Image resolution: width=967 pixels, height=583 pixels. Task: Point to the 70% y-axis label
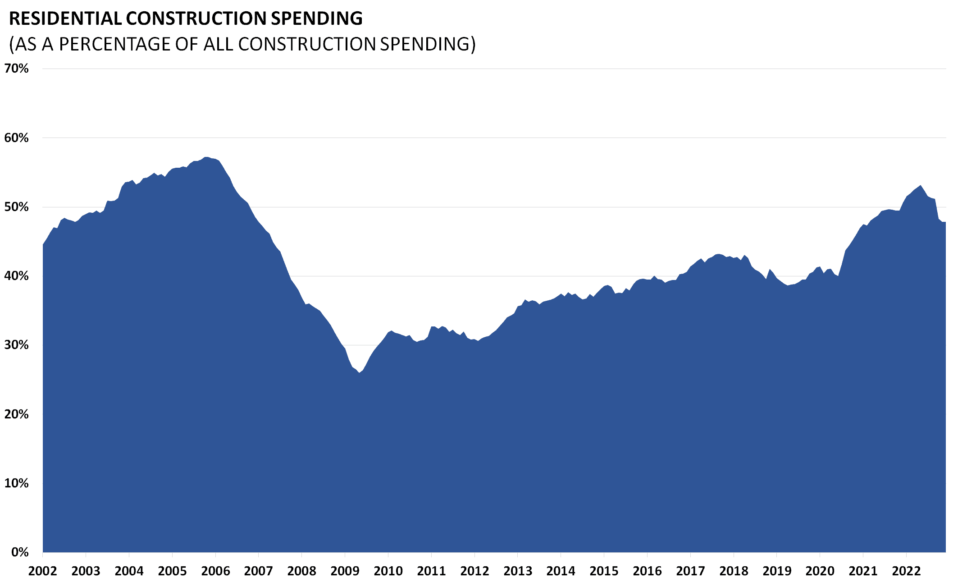(x=16, y=69)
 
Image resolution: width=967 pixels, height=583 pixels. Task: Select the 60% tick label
(x=16, y=138)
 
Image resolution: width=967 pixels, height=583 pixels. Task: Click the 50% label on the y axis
(x=16, y=207)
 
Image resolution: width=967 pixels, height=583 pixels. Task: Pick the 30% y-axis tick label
(x=16, y=345)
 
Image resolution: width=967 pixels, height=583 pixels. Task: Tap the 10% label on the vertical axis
(x=16, y=483)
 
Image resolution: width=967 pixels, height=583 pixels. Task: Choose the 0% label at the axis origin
(x=19, y=552)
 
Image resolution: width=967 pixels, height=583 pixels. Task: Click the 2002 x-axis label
(x=42, y=571)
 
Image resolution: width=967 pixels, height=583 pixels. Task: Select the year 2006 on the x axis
(x=215, y=571)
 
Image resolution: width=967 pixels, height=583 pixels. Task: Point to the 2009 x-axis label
(x=345, y=571)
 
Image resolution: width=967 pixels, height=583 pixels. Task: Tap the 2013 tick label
(x=517, y=571)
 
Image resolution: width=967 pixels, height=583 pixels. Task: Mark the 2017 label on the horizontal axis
(x=690, y=571)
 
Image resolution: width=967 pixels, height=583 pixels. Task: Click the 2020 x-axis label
(x=820, y=571)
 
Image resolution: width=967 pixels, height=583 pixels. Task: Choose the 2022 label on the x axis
(x=906, y=571)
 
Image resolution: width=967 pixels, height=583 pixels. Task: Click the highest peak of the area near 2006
(x=206, y=157)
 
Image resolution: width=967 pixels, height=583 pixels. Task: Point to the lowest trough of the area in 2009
(x=359, y=372)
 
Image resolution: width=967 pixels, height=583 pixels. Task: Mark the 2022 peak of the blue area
(x=921, y=185)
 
